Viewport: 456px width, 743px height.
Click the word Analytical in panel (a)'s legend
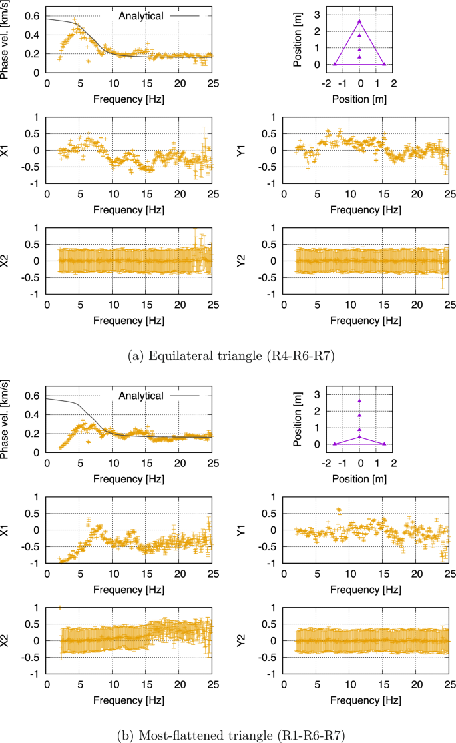(x=141, y=15)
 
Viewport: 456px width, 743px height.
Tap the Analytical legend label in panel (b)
(x=141, y=396)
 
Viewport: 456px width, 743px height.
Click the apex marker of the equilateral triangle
(x=359, y=21)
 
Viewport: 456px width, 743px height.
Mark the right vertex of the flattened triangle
(x=385, y=444)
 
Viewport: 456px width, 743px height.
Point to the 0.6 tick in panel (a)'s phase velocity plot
(x=31, y=16)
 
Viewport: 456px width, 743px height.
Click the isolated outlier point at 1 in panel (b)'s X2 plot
(x=60, y=607)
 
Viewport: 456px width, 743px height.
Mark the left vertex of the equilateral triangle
(x=335, y=64)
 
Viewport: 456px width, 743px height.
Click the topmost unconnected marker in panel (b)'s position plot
(x=359, y=401)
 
